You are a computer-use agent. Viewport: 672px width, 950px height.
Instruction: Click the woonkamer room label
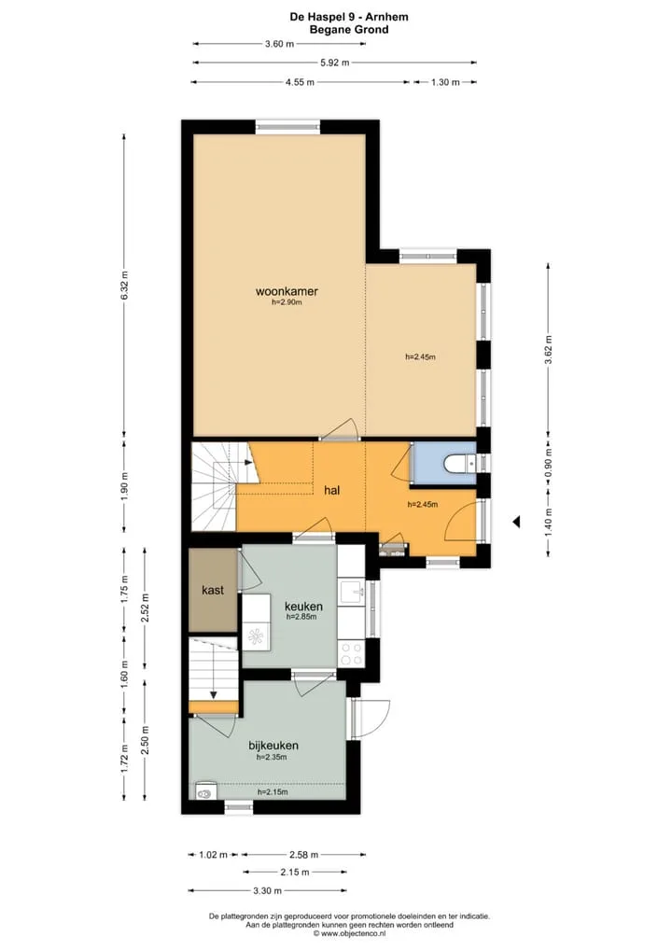(287, 291)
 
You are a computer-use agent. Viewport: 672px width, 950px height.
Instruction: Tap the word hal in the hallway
(332, 491)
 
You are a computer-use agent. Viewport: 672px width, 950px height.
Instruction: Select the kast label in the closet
(213, 590)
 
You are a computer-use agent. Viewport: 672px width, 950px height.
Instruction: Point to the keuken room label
(303, 607)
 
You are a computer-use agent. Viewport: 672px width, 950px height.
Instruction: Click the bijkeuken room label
(273, 746)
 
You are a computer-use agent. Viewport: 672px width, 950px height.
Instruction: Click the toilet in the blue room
(460, 465)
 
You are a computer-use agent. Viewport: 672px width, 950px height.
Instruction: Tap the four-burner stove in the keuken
(351, 654)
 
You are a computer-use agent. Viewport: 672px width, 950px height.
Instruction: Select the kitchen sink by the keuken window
(352, 591)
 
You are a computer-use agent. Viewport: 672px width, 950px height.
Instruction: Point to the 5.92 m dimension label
(335, 63)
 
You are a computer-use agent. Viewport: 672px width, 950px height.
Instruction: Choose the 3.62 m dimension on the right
(549, 350)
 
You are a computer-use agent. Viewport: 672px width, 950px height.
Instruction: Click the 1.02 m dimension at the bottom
(214, 855)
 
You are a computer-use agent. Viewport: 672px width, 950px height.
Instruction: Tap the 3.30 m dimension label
(267, 890)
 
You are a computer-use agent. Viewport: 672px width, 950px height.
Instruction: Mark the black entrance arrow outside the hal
(516, 522)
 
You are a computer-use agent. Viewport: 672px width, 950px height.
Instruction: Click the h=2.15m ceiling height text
(273, 792)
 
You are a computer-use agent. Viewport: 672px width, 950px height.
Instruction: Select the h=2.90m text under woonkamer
(287, 302)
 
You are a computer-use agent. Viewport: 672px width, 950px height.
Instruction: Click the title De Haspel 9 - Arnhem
(349, 17)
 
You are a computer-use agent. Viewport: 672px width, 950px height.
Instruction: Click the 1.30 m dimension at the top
(445, 82)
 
